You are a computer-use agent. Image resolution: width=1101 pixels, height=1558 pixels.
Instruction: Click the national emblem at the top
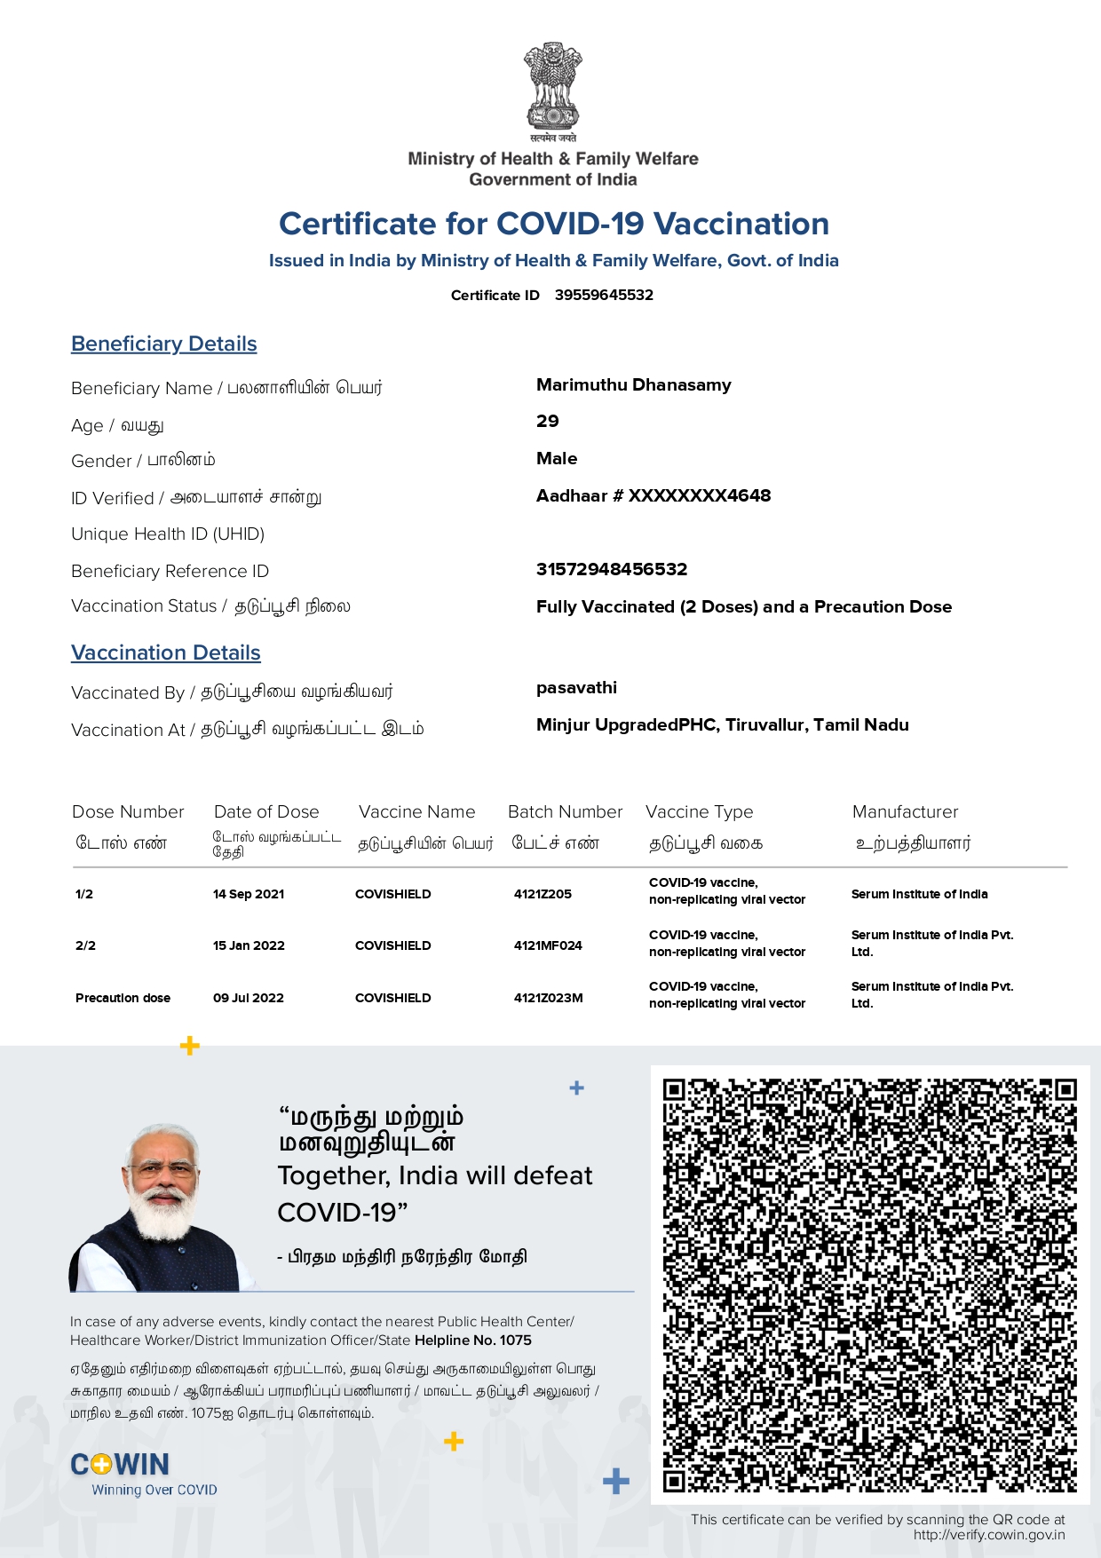552,89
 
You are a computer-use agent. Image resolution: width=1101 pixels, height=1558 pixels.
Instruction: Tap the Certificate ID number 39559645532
604,295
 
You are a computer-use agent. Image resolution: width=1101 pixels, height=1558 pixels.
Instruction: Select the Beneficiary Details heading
164,344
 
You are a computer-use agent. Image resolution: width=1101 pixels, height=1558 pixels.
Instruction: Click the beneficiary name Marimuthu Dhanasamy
633,385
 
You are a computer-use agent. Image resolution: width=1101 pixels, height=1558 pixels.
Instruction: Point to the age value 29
548,422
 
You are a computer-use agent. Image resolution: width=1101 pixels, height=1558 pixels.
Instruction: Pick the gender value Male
557,459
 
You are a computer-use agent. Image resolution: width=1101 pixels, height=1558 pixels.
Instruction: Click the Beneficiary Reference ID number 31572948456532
612,569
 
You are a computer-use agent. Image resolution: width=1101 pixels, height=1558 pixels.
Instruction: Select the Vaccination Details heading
166,653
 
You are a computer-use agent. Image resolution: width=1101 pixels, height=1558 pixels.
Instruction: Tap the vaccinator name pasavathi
576,688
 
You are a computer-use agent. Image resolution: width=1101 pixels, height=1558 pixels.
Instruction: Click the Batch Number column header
565,812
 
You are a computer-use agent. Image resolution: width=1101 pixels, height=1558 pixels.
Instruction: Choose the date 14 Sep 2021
249,894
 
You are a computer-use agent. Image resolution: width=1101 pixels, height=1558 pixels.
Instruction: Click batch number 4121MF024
548,945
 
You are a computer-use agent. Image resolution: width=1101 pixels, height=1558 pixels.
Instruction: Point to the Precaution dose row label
123,998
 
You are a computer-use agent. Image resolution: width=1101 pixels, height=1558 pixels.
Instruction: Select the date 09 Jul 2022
249,998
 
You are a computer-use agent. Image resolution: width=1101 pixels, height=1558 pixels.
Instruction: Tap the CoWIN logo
121,1465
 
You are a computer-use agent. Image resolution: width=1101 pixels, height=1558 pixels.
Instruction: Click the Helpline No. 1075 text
473,1341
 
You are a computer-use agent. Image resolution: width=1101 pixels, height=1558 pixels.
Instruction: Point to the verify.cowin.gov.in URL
989,1535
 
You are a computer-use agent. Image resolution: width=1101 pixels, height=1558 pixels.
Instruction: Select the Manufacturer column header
905,812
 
